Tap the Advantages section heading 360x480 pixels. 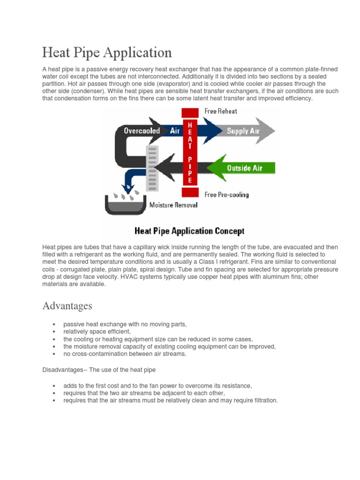[x=67, y=306]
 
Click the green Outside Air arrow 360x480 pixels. [x=241, y=168]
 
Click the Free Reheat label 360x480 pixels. [x=221, y=111]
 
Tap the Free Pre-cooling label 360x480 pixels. [x=227, y=194]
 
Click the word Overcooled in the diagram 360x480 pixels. [x=142, y=131]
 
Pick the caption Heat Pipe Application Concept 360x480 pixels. [x=189, y=231]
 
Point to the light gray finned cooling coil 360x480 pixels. [x=153, y=167]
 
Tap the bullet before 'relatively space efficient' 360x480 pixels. [x=55, y=331]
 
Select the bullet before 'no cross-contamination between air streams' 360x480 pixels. [x=55, y=354]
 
